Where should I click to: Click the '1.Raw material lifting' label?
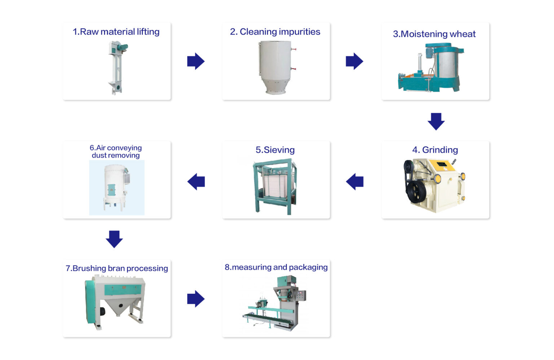click(116, 32)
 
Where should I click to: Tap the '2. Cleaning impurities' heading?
click(275, 32)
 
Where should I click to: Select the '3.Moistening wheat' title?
click(434, 34)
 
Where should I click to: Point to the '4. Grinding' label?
click(435, 150)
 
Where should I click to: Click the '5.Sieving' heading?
click(275, 150)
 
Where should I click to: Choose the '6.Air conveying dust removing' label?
click(116, 151)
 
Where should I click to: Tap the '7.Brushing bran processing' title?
click(116, 268)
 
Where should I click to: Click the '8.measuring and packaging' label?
click(276, 267)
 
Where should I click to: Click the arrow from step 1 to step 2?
click(196, 61)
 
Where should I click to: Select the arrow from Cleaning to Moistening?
click(354, 61)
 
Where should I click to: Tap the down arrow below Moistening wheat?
click(436, 121)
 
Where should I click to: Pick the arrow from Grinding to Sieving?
click(355, 182)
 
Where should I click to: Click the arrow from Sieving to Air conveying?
click(196, 182)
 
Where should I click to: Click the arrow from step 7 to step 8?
click(196, 299)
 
